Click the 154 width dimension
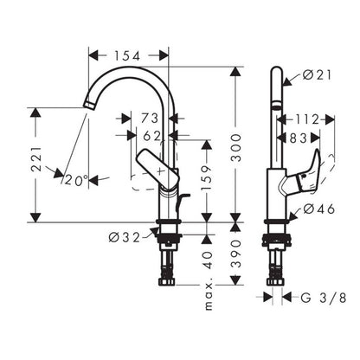point(127,56)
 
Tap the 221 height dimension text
point(36,159)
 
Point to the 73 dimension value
point(150,118)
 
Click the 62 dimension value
point(151,136)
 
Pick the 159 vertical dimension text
point(206,177)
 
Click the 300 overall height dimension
point(236,147)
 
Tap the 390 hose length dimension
point(236,254)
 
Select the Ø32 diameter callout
point(125,238)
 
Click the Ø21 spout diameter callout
point(318,75)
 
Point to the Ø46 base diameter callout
point(319,209)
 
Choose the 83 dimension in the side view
point(299,138)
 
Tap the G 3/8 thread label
point(323,298)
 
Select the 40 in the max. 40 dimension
point(209,259)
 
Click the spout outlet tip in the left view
point(89,105)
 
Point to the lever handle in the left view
point(157,170)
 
